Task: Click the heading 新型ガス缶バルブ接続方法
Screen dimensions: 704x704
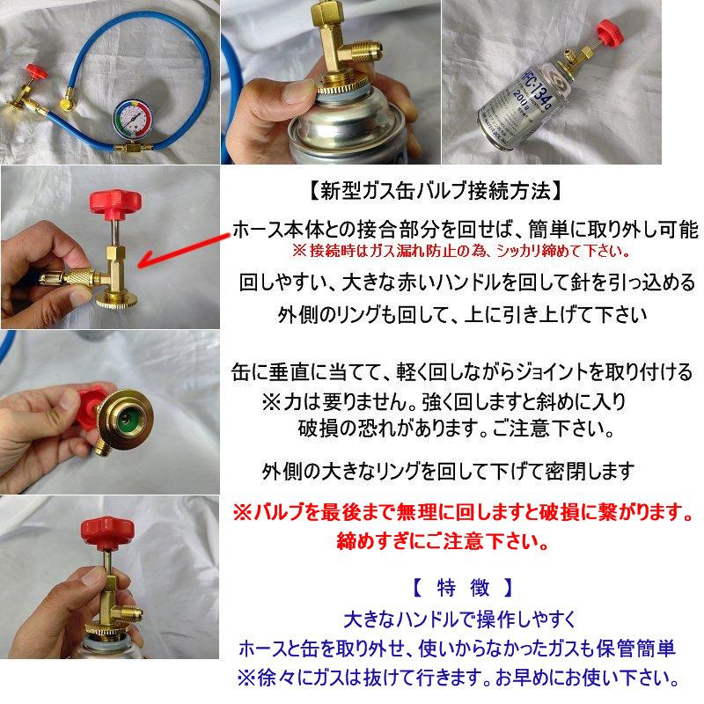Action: coord(431,189)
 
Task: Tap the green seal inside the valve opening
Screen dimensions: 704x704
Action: coord(125,411)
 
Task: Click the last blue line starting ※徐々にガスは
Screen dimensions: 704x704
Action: coord(458,679)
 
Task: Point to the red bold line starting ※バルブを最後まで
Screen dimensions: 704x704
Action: coord(461,511)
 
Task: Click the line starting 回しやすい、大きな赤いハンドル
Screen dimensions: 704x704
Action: coord(467,283)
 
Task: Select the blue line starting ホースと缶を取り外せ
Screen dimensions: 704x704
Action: coord(457,649)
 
